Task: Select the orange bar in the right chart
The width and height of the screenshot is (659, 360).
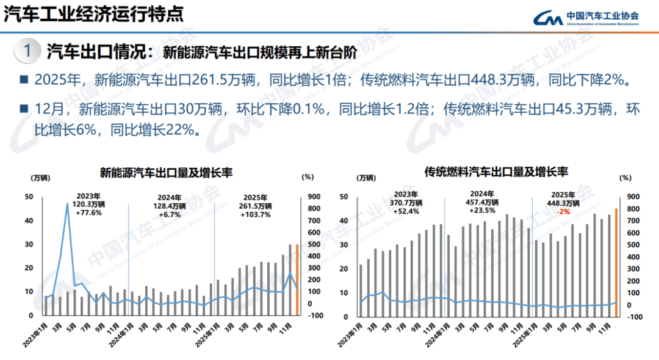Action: (x=616, y=263)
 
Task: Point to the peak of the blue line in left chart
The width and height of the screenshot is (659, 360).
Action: (x=67, y=203)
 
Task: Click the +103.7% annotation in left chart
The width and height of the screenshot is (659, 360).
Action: (x=255, y=214)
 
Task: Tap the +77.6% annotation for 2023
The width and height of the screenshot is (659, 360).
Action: (x=88, y=213)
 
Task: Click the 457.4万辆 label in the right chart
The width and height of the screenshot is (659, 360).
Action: (x=483, y=202)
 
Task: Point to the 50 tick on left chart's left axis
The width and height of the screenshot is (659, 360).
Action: (x=29, y=196)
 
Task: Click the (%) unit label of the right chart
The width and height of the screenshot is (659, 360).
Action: (x=625, y=178)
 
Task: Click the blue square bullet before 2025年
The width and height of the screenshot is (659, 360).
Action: (x=24, y=79)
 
